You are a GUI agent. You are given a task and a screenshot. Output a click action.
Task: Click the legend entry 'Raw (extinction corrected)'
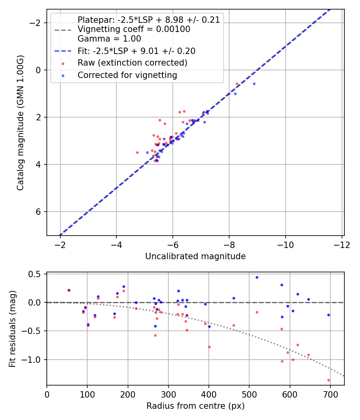(x=132, y=63)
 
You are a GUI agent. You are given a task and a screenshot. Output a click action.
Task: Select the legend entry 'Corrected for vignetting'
(x=127, y=75)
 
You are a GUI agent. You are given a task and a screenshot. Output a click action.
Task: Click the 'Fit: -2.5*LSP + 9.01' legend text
(x=136, y=51)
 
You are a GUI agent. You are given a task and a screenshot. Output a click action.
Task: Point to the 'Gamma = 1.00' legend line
(x=109, y=39)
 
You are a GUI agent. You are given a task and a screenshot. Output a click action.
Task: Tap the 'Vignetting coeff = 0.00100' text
(x=134, y=29)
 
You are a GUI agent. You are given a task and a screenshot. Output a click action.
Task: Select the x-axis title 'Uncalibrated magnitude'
(x=195, y=256)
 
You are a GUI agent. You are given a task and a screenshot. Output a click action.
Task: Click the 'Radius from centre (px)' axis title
(x=195, y=406)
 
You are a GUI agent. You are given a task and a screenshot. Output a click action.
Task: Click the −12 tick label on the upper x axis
(x=342, y=244)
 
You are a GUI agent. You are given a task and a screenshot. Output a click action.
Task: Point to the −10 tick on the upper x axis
(x=285, y=244)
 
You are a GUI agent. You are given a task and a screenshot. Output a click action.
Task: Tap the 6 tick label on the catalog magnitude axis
(x=39, y=212)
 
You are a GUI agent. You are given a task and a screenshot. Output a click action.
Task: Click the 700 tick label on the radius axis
(x=330, y=394)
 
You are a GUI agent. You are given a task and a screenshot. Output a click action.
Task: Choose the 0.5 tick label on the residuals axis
(x=36, y=274)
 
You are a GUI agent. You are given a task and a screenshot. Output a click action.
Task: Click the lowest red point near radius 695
(x=328, y=380)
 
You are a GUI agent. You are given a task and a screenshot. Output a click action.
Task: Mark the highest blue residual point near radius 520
(x=257, y=277)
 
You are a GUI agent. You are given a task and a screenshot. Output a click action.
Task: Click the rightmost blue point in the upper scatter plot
(x=254, y=84)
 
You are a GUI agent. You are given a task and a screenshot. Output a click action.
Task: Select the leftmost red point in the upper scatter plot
(x=137, y=152)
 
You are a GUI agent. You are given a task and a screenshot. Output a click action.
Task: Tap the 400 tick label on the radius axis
(x=208, y=394)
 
